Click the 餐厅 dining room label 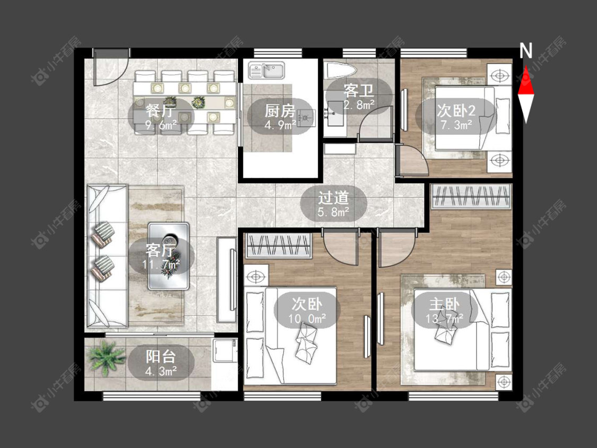[x=161, y=110]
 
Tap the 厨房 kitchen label [x=280, y=110]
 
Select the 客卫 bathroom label [x=358, y=91]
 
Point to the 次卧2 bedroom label [x=456, y=110]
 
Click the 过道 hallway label [x=334, y=197]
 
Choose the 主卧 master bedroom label [x=444, y=304]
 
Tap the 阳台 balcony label [x=161, y=357]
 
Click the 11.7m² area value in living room [x=161, y=264]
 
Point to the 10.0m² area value [x=307, y=318]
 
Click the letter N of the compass [x=526, y=50]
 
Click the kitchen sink [x=266, y=70]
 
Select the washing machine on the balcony [x=225, y=350]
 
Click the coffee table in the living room [x=169, y=256]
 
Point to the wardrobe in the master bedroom [x=471, y=196]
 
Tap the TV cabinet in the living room [x=227, y=280]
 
